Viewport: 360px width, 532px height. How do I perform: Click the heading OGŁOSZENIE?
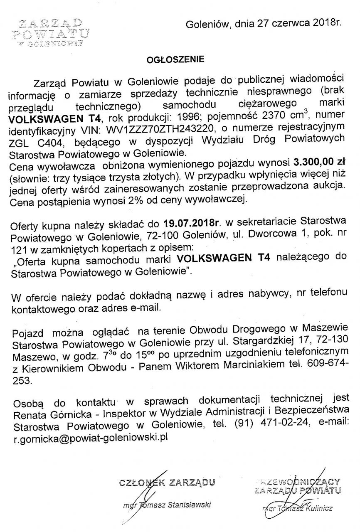(x=175, y=59)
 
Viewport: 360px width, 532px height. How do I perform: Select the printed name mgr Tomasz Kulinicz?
(x=298, y=508)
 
